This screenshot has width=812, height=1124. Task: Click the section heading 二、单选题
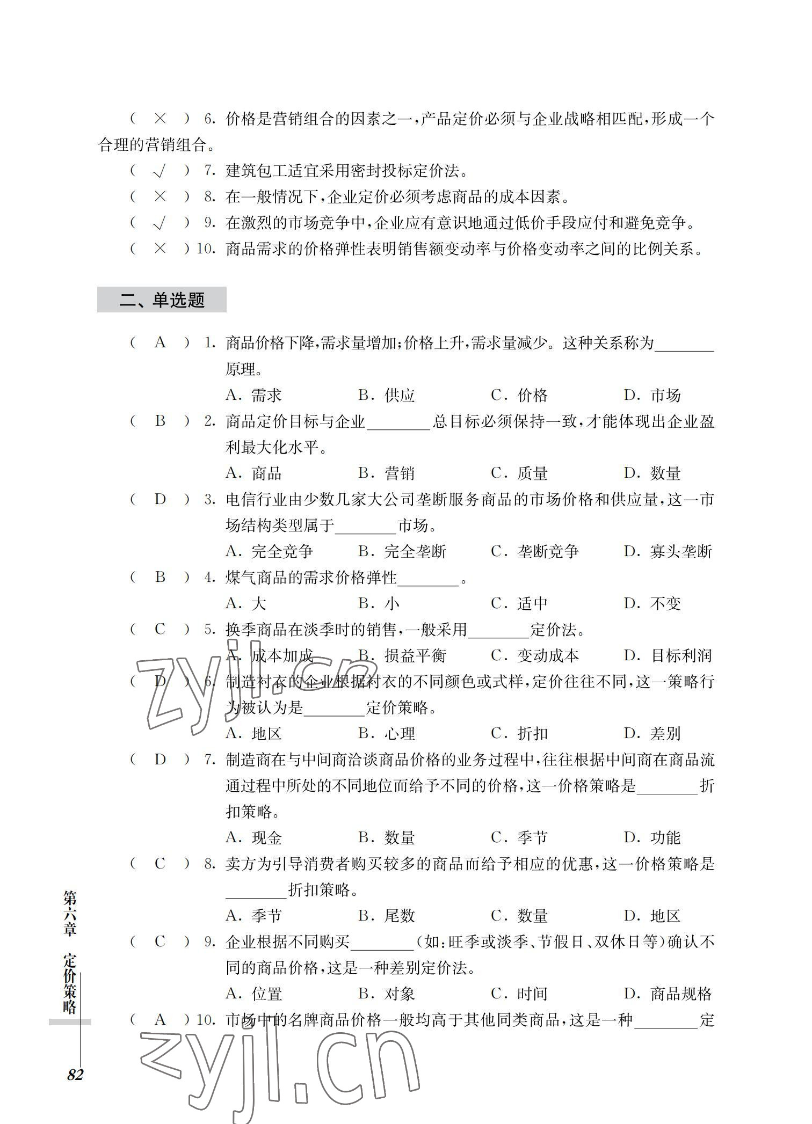162,300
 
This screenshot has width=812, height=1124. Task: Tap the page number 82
75,1075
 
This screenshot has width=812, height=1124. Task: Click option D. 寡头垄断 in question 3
668,551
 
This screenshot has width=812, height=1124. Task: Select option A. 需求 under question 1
253,395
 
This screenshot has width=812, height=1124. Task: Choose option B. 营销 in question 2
386,473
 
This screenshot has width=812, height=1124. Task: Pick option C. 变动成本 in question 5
534,655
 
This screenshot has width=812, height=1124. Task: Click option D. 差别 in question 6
652,733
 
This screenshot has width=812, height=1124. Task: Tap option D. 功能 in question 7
652,837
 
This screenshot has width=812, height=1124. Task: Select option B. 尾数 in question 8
386,916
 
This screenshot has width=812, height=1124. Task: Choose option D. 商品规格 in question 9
668,994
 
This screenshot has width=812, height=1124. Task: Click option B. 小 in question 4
379,603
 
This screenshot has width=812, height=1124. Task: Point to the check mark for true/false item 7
160,171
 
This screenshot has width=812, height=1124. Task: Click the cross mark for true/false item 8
160,197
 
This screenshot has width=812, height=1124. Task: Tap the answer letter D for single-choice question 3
160,499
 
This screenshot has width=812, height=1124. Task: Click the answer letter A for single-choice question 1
160,342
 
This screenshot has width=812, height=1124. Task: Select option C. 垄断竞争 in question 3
534,551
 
